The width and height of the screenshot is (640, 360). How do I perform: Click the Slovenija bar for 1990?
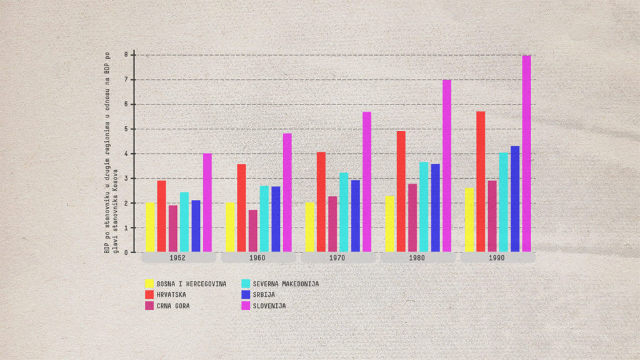pyautogui.click(x=526, y=154)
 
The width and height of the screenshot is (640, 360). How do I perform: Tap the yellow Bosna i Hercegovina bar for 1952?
pyautogui.click(x=150, y=227)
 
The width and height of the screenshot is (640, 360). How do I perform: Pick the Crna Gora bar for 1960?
pyautogui.click(x=252, y=231)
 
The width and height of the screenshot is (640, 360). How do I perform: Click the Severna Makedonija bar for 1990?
pyautogui.click(x=504, y=202)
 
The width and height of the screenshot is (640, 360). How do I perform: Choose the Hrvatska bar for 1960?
pyautogui.click(x=241, y=208)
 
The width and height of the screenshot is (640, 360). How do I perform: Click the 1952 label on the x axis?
pyautogui.click(x=178, y=257)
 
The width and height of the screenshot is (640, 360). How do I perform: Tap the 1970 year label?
pyautogui.click(x=338, y=257)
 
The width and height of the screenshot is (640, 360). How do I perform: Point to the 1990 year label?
pyautogui.click(x=497, y=257)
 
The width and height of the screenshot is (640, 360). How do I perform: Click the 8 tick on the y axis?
pyautogui.click(x=126, y=55)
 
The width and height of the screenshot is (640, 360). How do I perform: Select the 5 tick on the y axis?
pyautogui.click(x=126, y=129)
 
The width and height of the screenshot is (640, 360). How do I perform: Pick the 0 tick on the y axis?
pyautogui.click(x=126, y=252)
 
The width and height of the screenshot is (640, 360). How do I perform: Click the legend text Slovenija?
pyautogui.click(x=269, y=306)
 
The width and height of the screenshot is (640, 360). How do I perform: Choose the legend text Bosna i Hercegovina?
pyautogui.click(x=191, y=284)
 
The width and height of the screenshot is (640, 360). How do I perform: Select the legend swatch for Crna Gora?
pyautogui.click(x=149, y=306)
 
